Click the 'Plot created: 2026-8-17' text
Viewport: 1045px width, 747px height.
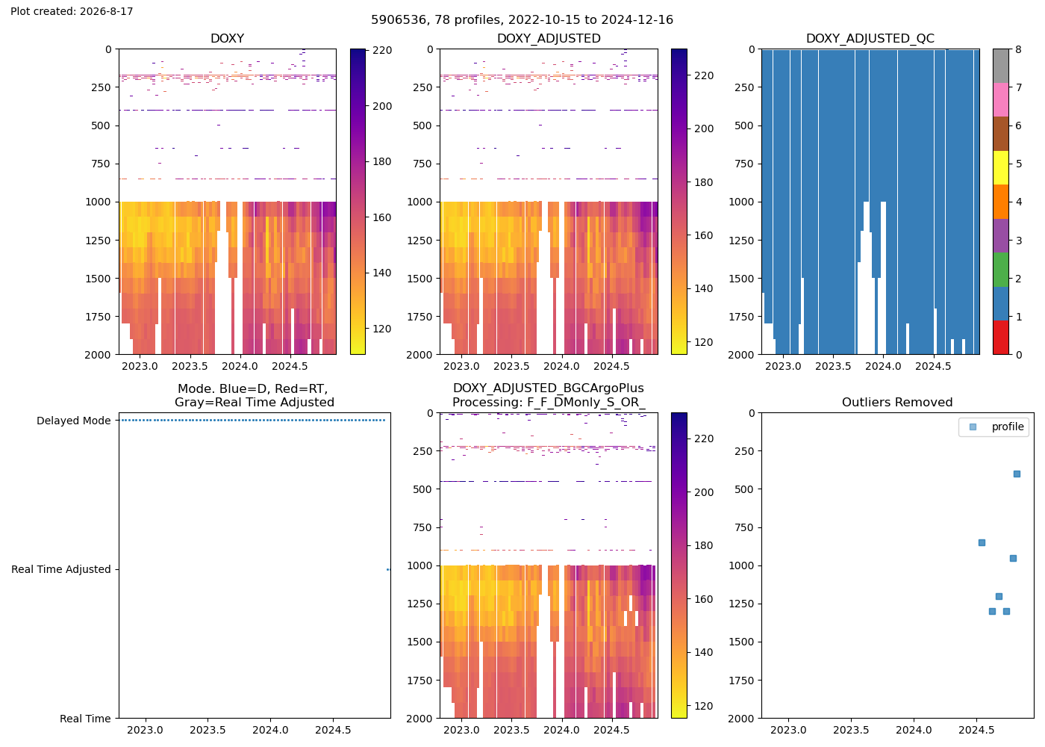72,11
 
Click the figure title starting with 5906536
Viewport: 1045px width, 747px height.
522,19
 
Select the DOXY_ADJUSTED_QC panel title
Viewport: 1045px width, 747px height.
870,38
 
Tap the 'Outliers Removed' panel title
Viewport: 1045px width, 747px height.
897,403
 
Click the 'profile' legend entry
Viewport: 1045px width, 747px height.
1008,427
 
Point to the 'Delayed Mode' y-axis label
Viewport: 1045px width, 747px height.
74,421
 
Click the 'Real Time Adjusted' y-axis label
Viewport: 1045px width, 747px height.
61,569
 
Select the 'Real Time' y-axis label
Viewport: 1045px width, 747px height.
85,719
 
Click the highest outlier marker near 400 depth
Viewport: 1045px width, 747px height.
1017,474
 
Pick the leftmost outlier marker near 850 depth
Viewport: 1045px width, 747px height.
982,543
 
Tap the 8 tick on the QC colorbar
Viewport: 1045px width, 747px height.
1018,49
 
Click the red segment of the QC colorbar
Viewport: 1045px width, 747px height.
1001,338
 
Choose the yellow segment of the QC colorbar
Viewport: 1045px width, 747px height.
1001,167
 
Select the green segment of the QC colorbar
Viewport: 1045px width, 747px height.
1001,270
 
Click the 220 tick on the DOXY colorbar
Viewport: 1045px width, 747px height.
382,51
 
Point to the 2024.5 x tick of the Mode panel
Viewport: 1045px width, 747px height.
333,731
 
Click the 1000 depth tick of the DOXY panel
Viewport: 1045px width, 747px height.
98,202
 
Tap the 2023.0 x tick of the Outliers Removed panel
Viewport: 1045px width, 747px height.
788,731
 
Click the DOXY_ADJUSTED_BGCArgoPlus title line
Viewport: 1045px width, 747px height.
549,388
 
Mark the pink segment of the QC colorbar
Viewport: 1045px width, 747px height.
1001,100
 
